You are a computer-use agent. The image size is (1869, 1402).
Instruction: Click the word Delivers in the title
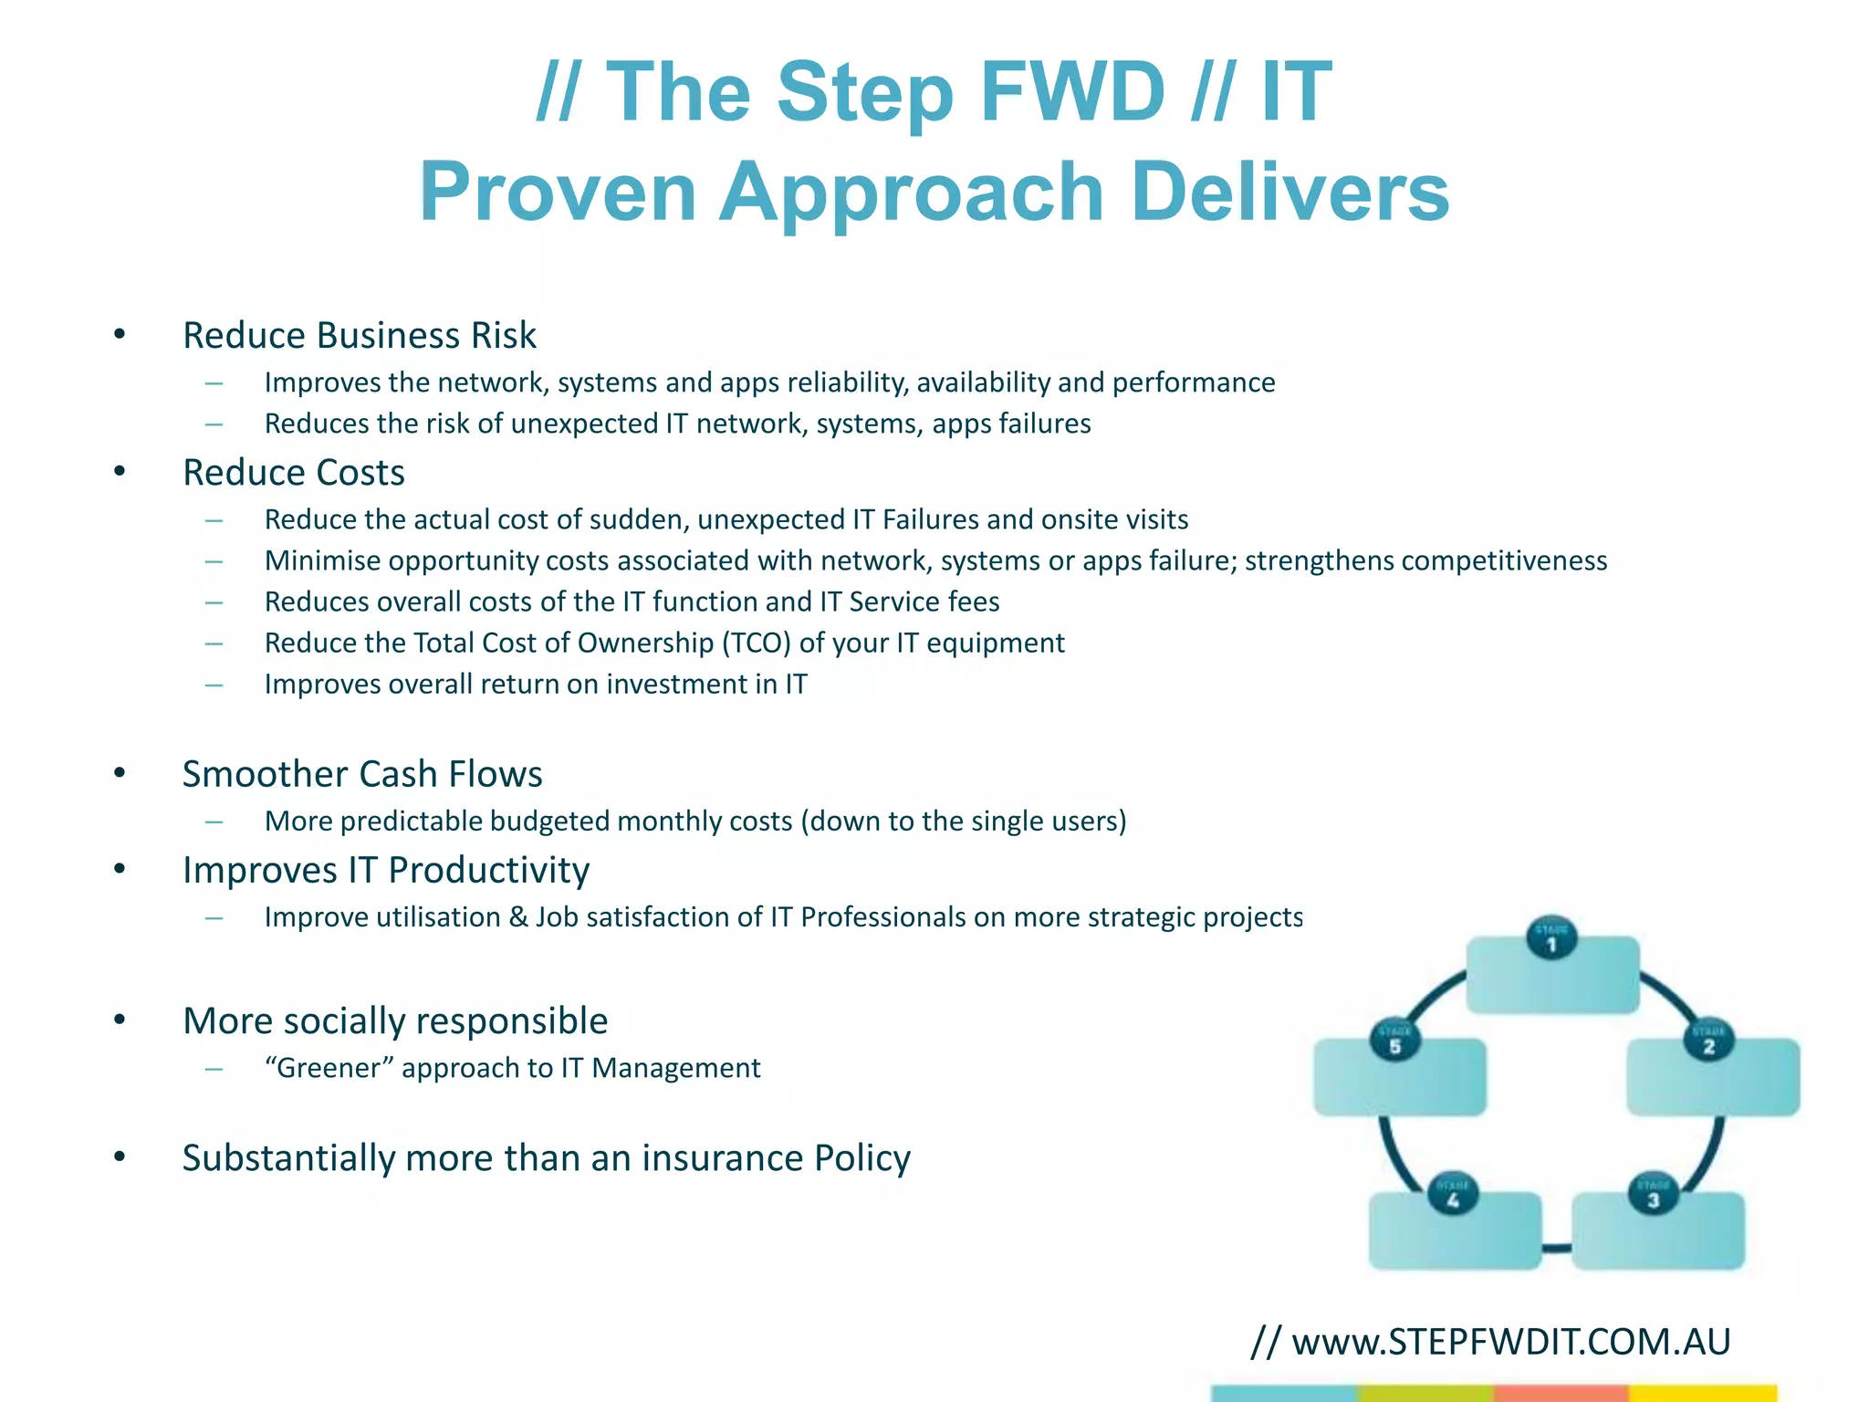coord(1289,192)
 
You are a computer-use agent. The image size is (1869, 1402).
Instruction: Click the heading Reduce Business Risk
coord(359,335)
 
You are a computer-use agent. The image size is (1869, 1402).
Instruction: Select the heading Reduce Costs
coord(293,473)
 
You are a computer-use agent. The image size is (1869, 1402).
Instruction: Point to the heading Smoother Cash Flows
coord(361,774)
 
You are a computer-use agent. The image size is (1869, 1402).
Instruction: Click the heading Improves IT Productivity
coord(385,870)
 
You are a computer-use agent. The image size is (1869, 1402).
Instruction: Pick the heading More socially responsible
coord(394,1020)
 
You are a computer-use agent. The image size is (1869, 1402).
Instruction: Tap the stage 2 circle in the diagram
coord(1708,1041)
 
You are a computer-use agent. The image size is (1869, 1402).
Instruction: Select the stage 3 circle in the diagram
coord(1653,1195)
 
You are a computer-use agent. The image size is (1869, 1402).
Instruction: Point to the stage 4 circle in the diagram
coord(1453,1195)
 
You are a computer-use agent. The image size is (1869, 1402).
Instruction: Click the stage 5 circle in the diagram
coord(1394,1041)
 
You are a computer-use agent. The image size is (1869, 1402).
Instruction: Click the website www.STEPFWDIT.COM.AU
coord(1510,1342)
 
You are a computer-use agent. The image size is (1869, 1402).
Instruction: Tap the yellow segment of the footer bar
coord(1702,1393)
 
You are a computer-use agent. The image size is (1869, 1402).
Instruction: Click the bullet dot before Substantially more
coord(120,1156)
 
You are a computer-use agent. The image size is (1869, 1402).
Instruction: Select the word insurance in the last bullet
coord(722,1157)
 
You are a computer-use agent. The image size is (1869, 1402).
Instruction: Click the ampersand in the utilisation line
coord(518,916)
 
